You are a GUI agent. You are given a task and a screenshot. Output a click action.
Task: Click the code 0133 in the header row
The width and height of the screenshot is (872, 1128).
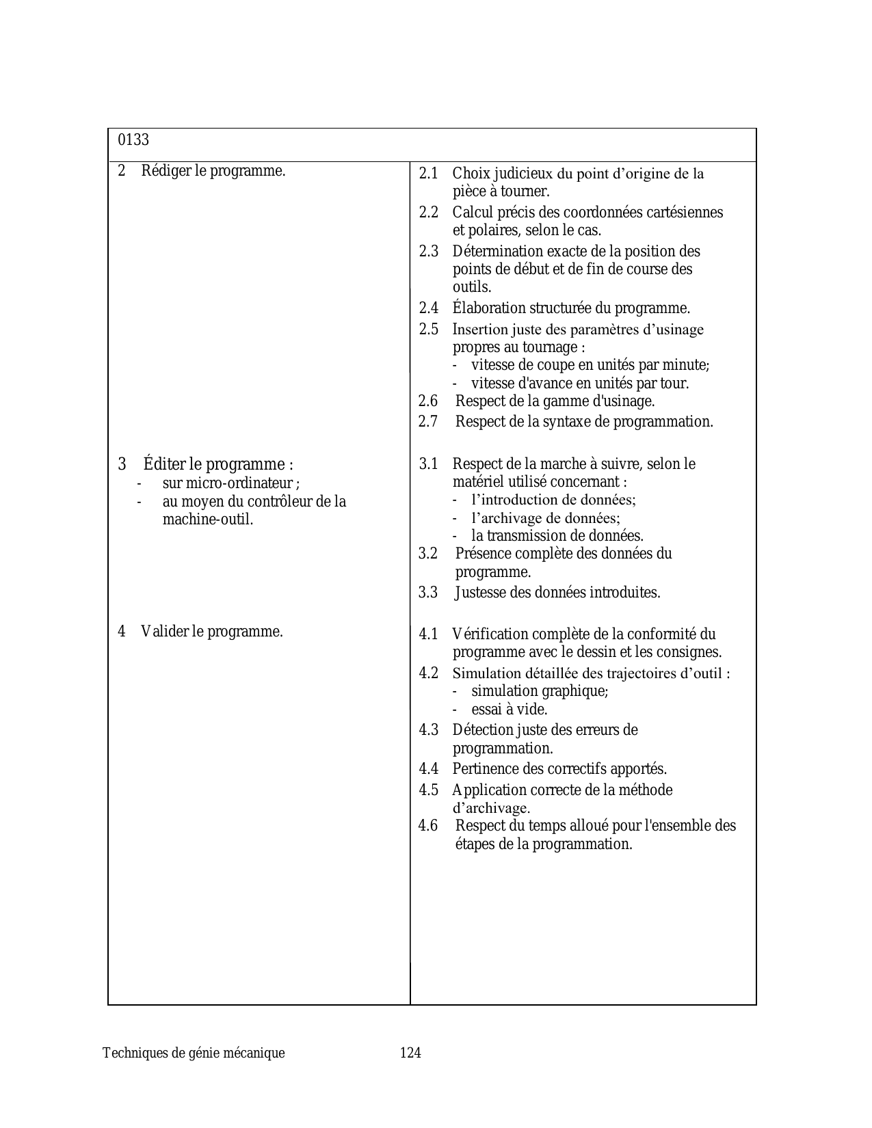133,140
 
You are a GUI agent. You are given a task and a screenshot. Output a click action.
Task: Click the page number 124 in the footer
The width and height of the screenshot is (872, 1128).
410,1053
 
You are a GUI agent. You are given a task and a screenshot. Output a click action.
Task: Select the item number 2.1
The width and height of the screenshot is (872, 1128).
429,174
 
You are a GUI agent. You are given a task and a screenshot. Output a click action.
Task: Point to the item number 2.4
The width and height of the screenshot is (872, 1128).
429,308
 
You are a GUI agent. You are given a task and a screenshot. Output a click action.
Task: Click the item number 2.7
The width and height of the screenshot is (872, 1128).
428,422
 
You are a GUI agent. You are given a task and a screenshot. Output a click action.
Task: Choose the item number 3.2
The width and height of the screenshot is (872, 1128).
428,554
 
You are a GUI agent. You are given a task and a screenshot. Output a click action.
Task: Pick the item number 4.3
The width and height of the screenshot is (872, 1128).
429,730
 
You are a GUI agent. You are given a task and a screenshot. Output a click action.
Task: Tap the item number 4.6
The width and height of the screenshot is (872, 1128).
428,826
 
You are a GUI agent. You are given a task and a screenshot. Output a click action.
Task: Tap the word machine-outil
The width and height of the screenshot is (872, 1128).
208,520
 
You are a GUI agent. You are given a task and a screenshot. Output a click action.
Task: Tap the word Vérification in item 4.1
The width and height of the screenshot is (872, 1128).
490,634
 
